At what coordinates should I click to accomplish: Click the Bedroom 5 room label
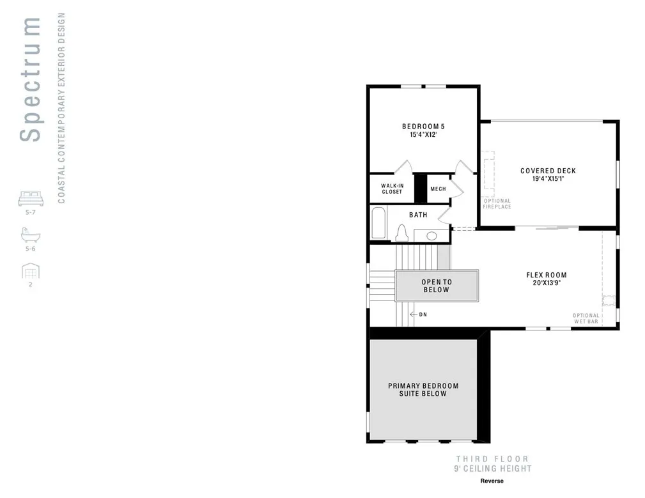[423, 126]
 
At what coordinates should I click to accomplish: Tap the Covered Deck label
[548, 171]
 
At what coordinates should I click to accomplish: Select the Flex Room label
[546, 276]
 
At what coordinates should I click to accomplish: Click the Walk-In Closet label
[392, 189]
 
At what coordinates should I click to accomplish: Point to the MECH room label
[438, 189]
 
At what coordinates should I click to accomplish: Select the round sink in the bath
[431, 236]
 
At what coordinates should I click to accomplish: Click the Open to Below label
[436, 286]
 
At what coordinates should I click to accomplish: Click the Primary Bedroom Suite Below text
[423, 389]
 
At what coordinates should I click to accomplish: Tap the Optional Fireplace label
[497, 204]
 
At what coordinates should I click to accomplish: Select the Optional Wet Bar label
[586, 318]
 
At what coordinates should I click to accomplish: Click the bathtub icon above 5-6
[30, 236]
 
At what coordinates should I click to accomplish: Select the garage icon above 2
[30, 272]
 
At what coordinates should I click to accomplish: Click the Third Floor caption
[492, 458]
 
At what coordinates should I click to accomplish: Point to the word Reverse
[492, 481]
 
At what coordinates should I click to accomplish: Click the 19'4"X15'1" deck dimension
[548, 180]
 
